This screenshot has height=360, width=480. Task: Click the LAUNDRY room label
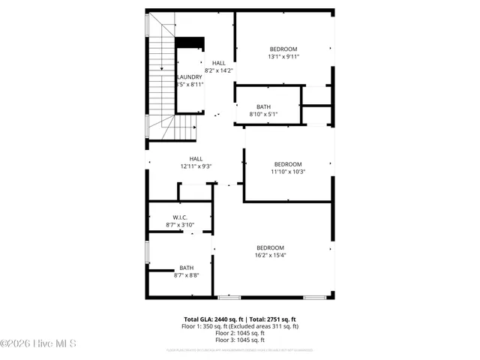pyautogui.click(x=189, y=77)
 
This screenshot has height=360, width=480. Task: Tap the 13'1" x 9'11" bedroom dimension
pyautogui.click(x=283, y=56)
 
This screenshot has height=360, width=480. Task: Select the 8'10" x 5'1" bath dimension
pyautogui.click(x=263, y=114)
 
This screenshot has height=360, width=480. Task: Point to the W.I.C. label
pyautogui.click(x=180, y=217)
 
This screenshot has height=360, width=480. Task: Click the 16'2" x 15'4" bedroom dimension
pyautogui.click(x=270, y=255)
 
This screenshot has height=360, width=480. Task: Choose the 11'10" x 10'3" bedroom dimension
pyautogui.click(x=287, y=172)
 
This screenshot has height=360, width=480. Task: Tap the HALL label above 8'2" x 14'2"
pyautogui.click(x=218, y=63)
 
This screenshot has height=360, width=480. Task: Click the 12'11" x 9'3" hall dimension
pyautogui.click(x=196, y=166)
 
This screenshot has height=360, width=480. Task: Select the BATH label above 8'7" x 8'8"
pyautogui.click(x=186, y=268)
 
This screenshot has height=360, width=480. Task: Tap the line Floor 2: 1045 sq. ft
pyautogui.click(x=240, y=333)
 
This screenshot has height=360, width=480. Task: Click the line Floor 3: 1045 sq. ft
pyautogui.click(x=240, y=340)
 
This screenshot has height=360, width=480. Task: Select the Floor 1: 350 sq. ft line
pyautogui.click(x=240, y=326)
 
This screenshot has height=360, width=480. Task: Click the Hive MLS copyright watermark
pyautogui.click(x=34, y=344)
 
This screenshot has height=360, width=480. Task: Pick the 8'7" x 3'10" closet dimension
pyautogui.click(x=180, y=225)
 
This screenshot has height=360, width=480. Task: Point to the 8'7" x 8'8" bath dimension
pyautogui.click(x=186, y=275)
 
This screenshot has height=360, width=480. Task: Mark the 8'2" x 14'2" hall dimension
pyautogui.click(x=218, y=70)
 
